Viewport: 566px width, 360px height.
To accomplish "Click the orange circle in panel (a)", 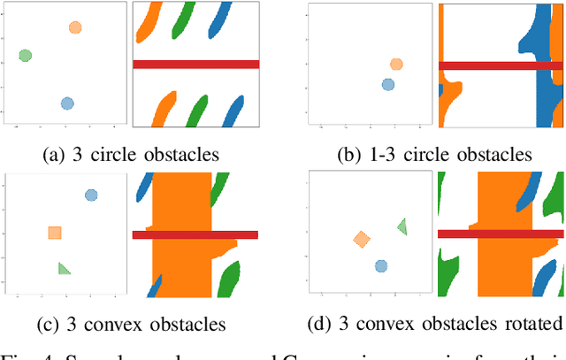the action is point(75,27).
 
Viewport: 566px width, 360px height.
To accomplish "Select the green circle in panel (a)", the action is point(26,56).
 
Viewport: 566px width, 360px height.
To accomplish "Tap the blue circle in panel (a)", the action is point(66,103).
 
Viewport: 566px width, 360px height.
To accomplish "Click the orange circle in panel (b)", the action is point(396,64).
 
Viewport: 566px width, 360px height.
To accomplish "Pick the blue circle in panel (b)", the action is point(387,84).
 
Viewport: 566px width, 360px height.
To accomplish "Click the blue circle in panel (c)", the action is point(90,195).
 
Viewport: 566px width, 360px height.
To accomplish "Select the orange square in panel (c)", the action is point(55,233).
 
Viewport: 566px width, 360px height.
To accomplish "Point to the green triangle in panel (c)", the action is point(64,268).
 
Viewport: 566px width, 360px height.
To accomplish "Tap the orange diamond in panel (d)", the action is point(361,239).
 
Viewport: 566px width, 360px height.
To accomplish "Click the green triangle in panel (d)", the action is point(402,226).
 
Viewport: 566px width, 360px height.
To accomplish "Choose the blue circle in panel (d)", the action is point(380,265).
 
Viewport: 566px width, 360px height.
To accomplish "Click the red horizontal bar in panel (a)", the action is point(195,64).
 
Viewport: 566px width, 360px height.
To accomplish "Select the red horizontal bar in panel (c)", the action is point(195,234).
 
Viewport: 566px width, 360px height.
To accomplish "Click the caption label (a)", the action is point(54,154).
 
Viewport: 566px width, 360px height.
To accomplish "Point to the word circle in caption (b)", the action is point(416,154).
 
